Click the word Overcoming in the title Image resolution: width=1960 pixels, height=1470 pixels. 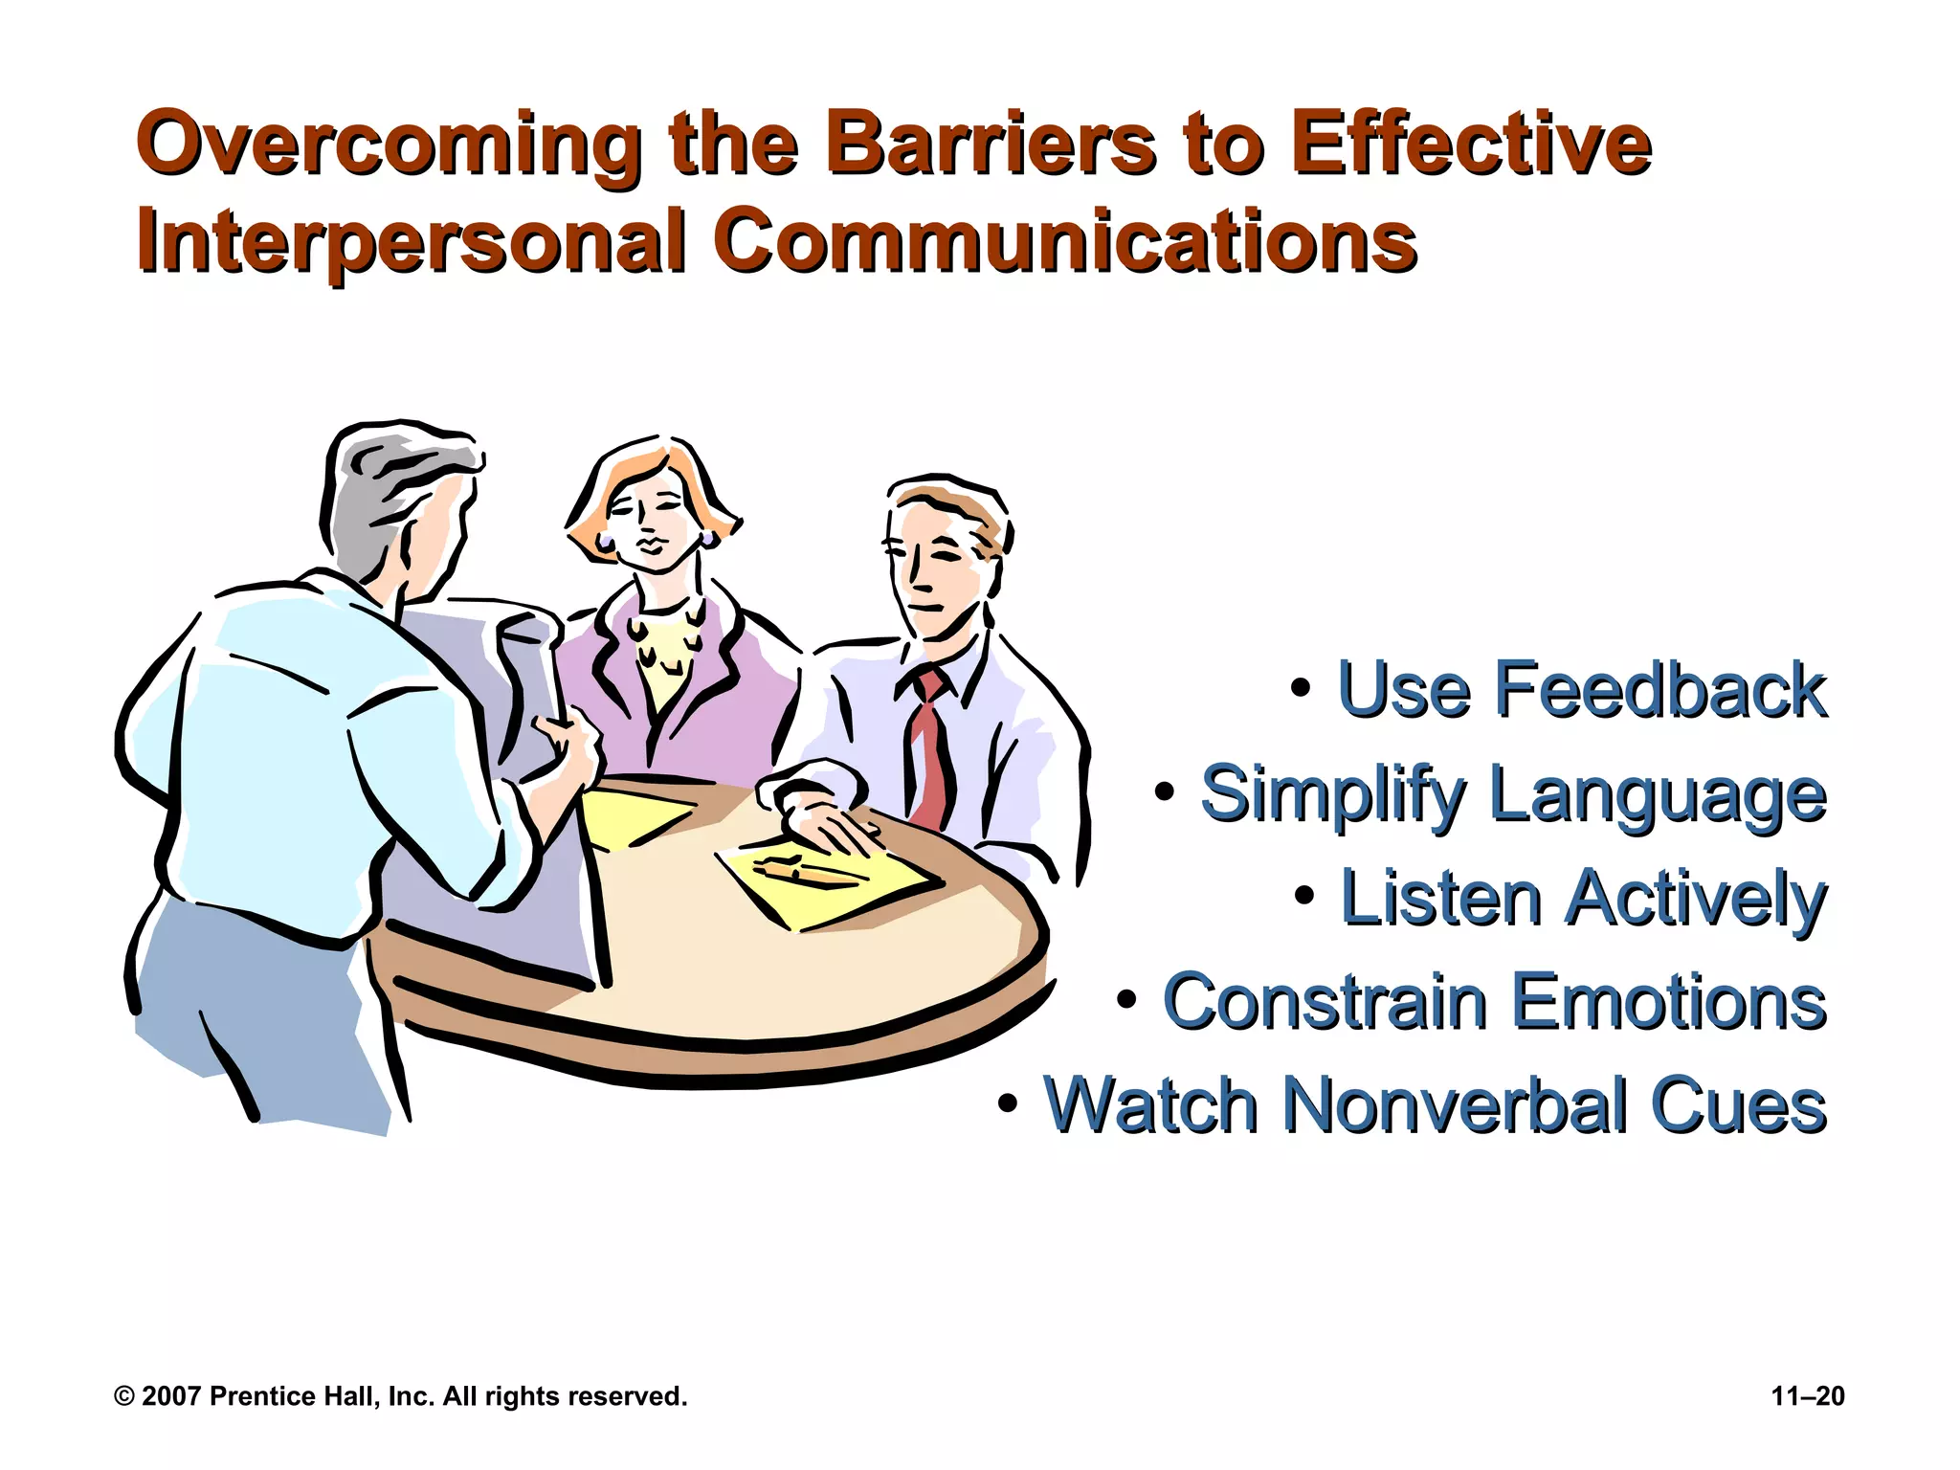pyautogui.click(x=388, y=145)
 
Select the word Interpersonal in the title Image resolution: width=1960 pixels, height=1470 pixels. pyautogui.click(x=412, y=241)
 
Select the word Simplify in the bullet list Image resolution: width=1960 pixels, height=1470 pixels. pyautogui.click(x=1333, y=794)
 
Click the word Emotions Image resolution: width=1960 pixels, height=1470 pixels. pyautogui.click(x=1669, y=1002)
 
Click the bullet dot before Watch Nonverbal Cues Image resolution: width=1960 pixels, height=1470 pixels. pyautogui.click(x=1008, y=1103)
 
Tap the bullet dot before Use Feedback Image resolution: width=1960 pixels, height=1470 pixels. pyautogui.click(x=1300, y=687)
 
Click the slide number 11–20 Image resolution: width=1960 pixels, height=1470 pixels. pyautogui.click(x=1807, y=1396)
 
